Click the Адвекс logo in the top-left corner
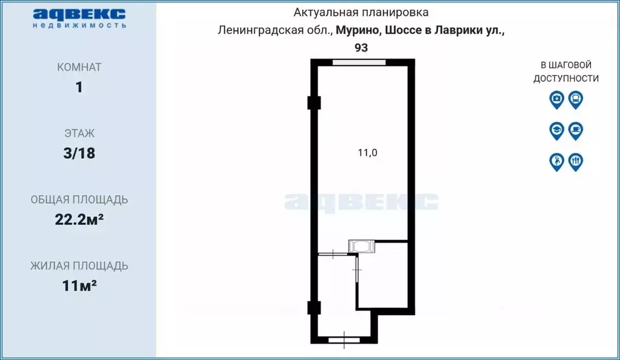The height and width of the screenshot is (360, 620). [x=79, y=18]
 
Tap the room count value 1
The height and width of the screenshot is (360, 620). [x=79, y=87]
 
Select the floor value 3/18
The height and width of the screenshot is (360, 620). [x=79, y=153]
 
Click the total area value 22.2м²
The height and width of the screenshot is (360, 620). [x=79, y=219]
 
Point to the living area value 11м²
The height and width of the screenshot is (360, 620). [x=79, y=285]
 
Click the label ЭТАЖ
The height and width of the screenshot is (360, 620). [x=79, y=133]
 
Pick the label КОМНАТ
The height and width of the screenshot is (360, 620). [x=79, y=67]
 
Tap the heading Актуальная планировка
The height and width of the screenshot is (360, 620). [x=361, y=12]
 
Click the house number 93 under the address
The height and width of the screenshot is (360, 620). [x=361, y=48]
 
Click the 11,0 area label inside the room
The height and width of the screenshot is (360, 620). [x=367, y=153]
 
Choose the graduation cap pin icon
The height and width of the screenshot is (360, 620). [x=556, y=130]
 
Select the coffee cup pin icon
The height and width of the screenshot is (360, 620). [x=576, y=130]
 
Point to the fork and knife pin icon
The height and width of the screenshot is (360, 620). [x=576, y=161]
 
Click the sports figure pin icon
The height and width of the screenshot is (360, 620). [x=556, y=161]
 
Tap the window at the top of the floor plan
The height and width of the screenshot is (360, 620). [x=359, y=62]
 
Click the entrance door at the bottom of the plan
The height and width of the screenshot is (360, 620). [x=344, y=340]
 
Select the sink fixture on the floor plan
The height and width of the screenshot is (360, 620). [x=362, y=246]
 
